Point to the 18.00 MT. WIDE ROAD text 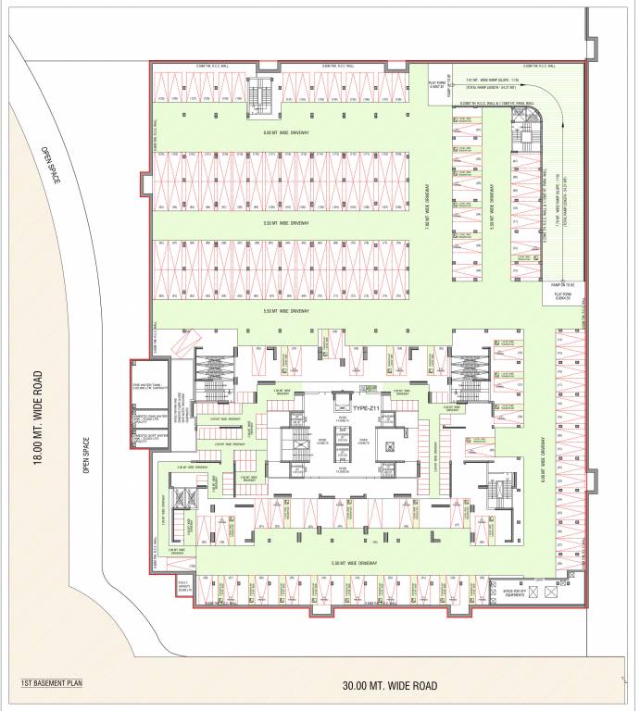click(38, 419)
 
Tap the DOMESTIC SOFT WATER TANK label click(148, 427)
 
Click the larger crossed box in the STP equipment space click(553, 589)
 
